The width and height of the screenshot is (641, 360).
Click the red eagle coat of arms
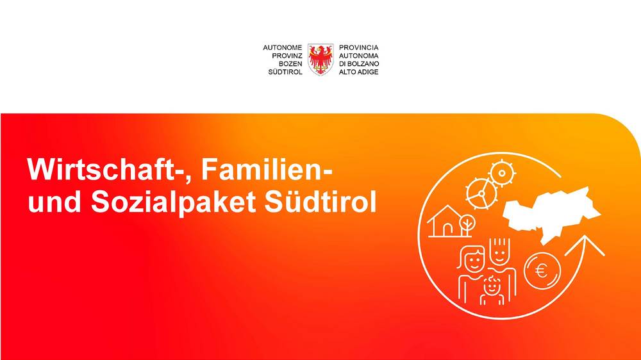(x=320, y=60)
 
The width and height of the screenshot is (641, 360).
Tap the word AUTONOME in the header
(x=282, y=48)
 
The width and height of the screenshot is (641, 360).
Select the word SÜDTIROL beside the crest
(x=285, y=72)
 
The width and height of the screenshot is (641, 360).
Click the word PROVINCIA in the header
(x=358, y=48)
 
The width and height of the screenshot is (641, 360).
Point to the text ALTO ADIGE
(x=358, y=72)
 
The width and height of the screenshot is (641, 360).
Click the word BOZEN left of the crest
(x=290, y=64)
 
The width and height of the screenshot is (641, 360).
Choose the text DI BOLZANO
(x=359, y=64)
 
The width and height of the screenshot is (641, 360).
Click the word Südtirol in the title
(x=320, y=201)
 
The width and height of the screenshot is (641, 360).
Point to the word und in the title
(x=54, y=202)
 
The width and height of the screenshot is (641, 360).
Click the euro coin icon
(x=542, y=271)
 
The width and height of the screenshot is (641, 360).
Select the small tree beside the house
(x=467, y=225)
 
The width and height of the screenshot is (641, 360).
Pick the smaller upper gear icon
(x=502, y=173)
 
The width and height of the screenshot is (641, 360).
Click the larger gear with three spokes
(x=481, y=193)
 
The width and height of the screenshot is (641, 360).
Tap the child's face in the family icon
(x=492, y=286)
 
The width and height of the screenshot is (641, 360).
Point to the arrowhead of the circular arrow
(x=585, y=245)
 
